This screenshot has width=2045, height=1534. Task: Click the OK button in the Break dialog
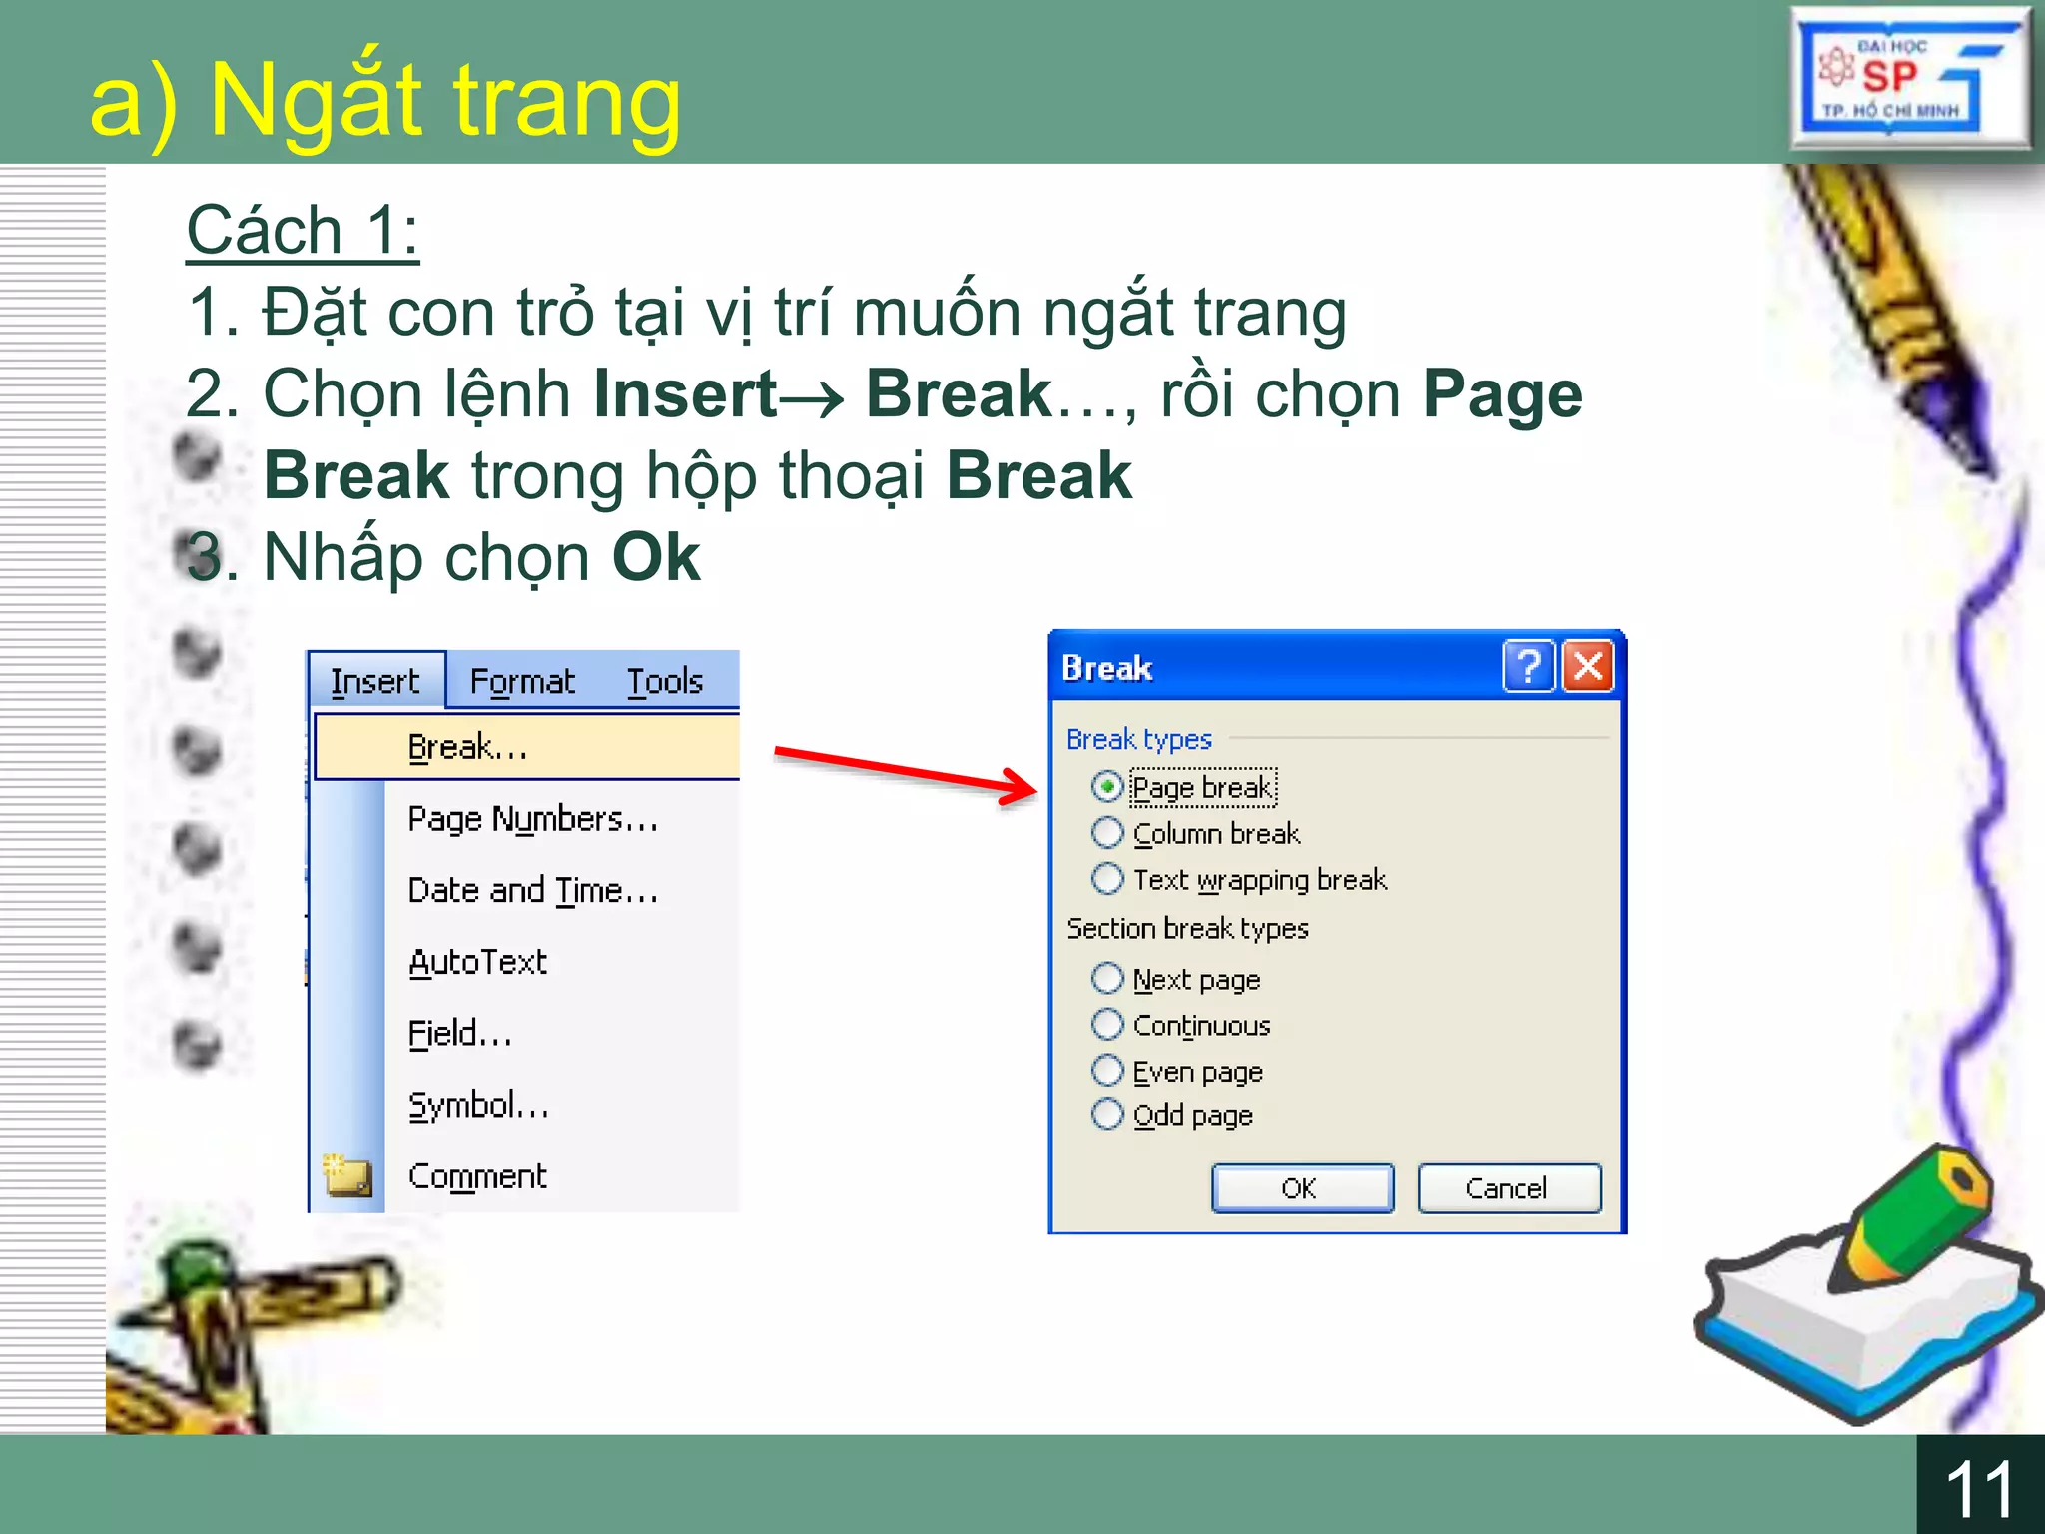(x=1301, y=1188)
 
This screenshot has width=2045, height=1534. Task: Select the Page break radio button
(x=1106, y=787)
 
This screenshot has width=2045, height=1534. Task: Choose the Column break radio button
(x=1106, y=832)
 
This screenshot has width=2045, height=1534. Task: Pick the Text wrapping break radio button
(x=1106, y=879)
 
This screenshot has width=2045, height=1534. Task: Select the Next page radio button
(x=1106, y=978)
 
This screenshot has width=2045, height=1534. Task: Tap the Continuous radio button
(x=1106, y=1024)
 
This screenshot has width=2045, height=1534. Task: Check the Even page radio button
(x=1106, y=1070)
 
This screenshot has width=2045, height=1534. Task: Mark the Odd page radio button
(x=1106, y=1114)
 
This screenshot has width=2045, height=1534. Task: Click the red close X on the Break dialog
(x=1588, y=666)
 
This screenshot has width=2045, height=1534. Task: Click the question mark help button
(x=1528, y=666)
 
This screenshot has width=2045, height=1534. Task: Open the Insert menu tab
(x=375, y=681)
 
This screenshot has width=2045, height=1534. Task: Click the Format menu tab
(x=522, y=681)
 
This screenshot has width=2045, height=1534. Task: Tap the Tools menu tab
(x=665, y=681)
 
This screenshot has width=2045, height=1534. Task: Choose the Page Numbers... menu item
(x=532, y=819)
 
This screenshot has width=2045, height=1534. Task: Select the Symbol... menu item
(x=478, y=1105)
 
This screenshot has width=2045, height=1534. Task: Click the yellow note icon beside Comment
(x=347, y=1175)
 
